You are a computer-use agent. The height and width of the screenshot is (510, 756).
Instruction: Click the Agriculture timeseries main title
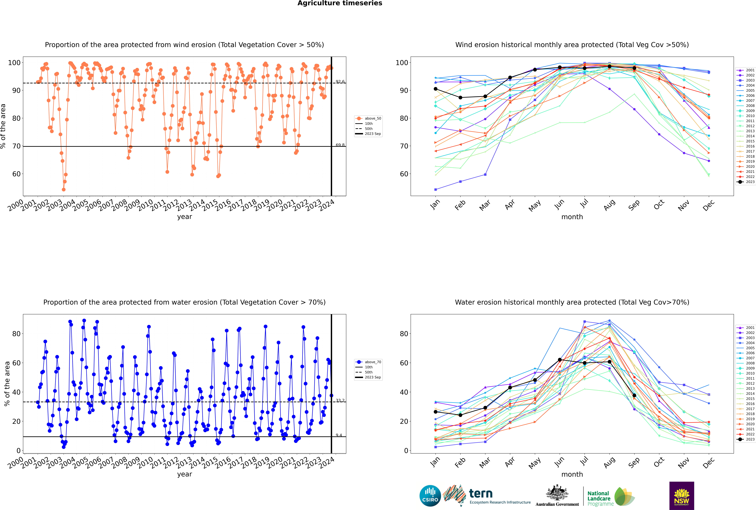coord(340,3)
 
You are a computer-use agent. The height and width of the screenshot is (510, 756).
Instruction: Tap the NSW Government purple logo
coord(682,496)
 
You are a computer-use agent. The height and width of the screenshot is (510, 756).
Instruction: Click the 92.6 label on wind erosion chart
coord(340,82)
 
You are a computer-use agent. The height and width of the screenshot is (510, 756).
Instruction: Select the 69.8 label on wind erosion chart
coord(340,145)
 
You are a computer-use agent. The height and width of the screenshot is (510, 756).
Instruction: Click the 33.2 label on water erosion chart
coord(340,400)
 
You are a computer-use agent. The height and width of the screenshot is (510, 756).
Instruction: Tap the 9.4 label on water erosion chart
coord(339,435)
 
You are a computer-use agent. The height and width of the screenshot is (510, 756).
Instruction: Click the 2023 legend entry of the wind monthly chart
coord(746,182)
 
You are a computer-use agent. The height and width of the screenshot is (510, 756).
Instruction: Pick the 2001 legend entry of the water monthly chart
coord(746,328)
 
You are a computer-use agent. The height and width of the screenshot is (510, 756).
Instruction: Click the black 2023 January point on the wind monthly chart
coord(436,89)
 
